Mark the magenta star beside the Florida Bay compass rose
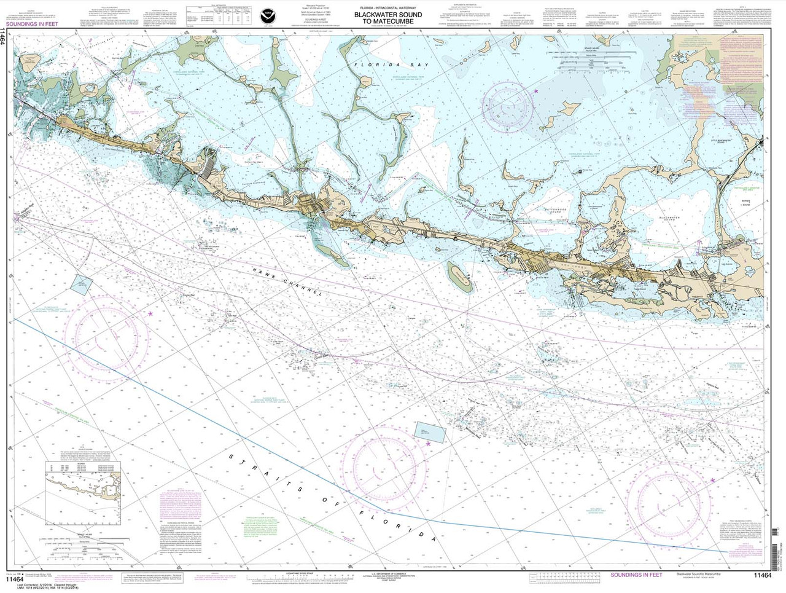tap(537, 92)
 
